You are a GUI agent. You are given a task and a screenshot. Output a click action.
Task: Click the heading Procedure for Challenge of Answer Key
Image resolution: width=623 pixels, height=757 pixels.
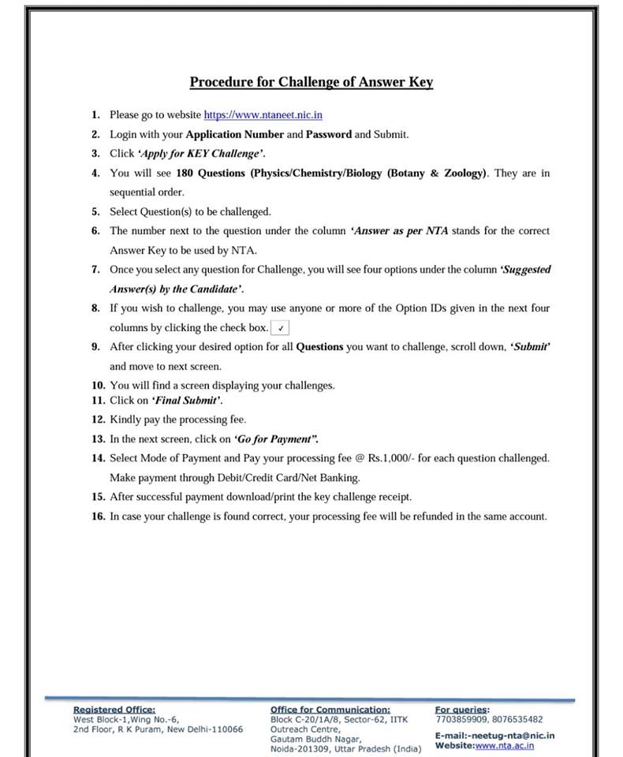311,82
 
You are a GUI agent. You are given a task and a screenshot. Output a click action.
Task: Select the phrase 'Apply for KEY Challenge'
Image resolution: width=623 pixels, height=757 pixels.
201,153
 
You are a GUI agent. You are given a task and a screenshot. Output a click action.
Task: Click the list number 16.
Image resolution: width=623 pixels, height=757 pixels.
98,516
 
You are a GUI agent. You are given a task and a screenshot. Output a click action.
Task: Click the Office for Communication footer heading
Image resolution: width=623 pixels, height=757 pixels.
330,710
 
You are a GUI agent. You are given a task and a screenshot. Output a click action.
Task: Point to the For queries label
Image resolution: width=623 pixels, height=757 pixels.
462,710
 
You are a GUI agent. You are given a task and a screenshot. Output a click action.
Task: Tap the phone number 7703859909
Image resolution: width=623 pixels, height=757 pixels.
461,719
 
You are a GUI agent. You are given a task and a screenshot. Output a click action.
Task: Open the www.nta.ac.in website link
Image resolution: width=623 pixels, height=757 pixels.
505,745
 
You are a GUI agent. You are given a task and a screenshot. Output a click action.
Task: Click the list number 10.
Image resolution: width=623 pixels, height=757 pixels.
98,386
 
